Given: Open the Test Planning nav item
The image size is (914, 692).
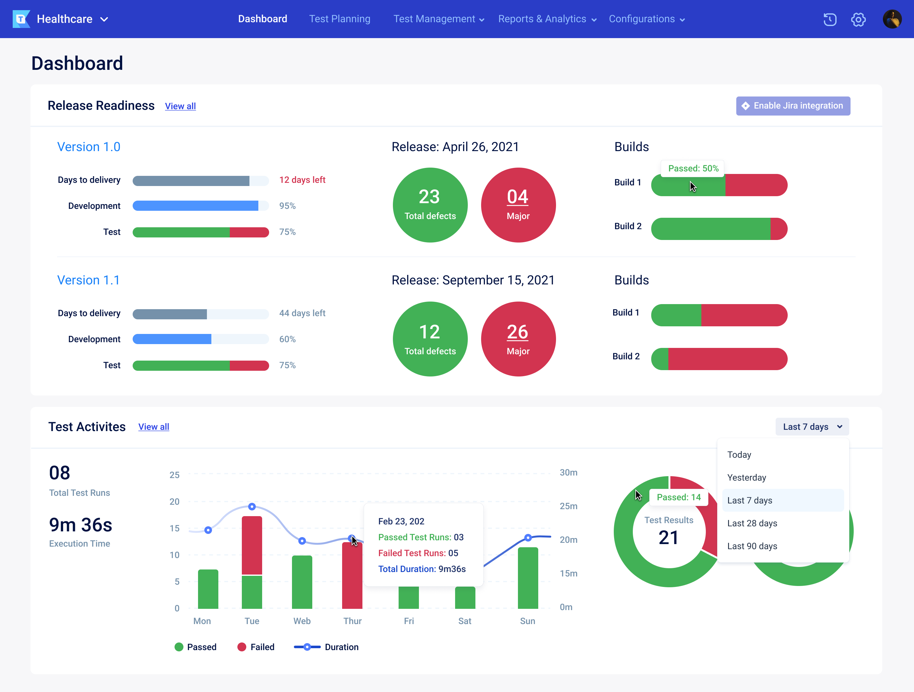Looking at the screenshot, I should pos(339,19).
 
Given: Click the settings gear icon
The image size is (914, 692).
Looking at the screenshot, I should pos(858,19).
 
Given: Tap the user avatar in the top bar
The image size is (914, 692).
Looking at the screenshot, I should pos(892,19).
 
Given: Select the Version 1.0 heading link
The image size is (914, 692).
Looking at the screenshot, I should pos(89,147).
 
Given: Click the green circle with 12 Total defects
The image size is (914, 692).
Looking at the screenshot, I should pos(430,339).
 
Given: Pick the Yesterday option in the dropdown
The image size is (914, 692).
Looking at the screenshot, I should pos(746,477).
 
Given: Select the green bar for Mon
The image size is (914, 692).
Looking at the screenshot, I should pos(208,589).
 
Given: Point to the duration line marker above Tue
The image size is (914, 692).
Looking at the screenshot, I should pos(252,506).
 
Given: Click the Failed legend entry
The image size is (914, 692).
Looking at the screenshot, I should pos(256,647).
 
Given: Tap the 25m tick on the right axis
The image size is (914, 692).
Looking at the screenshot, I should pos(568,506).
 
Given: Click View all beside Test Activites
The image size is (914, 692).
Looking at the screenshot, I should pos(153,427).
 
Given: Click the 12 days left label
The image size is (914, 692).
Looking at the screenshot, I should pos(302,180).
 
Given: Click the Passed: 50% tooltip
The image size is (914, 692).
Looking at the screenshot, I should pos(693,169).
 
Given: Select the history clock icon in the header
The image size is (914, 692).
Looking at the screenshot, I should pos(829,19).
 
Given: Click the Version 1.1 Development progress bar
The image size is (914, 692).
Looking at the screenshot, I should pos(200,339).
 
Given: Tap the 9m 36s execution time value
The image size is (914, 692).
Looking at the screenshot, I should pos(81,525).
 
